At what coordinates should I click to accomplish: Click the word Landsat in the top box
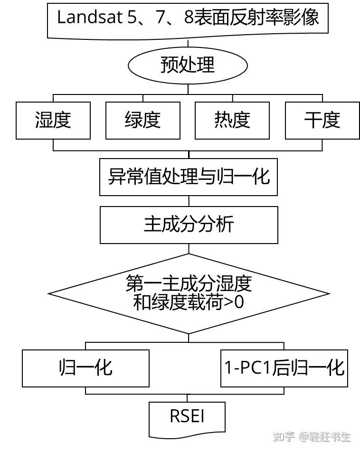[x=85, y=18]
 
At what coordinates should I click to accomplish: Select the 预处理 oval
[x=188, y=65]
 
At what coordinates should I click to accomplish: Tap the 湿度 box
[x=53, y=120]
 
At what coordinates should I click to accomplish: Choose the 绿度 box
[x=142, y=120]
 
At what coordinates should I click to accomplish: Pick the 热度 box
[x=232, y=120]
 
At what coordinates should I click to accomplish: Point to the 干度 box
[x=322, y=120]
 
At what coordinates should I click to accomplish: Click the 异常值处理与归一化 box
[x=189, y=177]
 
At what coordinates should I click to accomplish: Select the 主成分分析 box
[x=189, y=224]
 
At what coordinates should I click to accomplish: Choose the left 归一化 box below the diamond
[x=86, y=368]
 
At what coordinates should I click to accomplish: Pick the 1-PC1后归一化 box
[x=284, y=368]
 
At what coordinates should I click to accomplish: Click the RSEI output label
[x=187, y=416]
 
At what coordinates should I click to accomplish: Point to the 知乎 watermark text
[x=285, y=437]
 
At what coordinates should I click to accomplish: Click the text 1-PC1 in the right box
[x=246, y=368]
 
